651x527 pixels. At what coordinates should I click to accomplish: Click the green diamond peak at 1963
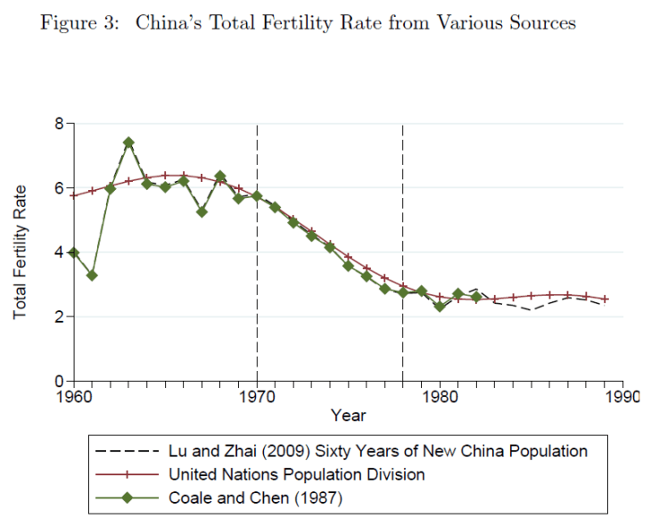click(128, 143)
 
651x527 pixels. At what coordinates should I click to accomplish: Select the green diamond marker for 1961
click(92, 276)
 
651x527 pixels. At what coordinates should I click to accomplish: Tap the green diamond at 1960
click(74, 253)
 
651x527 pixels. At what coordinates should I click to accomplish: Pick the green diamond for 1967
click(202, 212)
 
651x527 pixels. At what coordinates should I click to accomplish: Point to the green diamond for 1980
click(440, 307)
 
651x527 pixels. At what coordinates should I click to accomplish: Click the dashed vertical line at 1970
click(257, 268)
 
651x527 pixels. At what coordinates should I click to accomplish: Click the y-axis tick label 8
click(59, 124)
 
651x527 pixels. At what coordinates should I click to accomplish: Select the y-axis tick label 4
click(59, 253)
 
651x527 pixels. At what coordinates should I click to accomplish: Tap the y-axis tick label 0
click(59, 382)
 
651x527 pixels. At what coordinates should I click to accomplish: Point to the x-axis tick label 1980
click(440, 396)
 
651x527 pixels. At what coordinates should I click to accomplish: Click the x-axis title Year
click(348, 416)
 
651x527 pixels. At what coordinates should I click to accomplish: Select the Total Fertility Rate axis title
click(21, 252)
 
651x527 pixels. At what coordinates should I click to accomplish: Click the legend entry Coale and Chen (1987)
click(255, 498)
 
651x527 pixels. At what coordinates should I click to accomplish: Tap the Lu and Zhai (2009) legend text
click(378, 451)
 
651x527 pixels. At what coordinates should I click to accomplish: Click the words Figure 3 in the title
click(78, 23)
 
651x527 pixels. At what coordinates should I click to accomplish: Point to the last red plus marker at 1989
click(605, 299)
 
